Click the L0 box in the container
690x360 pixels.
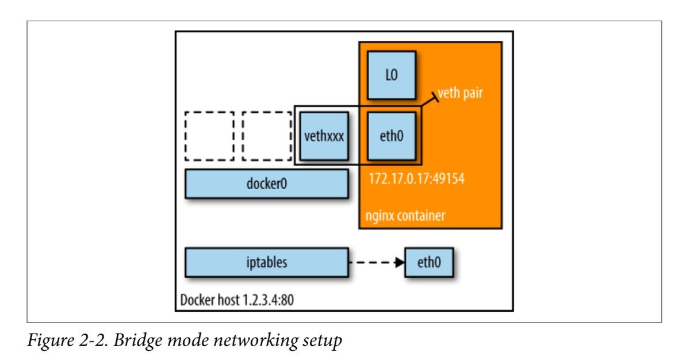pyautogui.click(x=391, y=75)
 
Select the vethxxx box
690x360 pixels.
pyautogui.click(x=324, y=136)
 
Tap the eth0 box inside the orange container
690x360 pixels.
pyautogui.click(x=391, y=136)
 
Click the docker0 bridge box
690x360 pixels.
pyautogui.click(x=266, y=183)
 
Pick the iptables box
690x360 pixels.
pyautogui.click(x=266, y=262)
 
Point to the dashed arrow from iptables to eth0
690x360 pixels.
pyautogui.click(x=374, y=263)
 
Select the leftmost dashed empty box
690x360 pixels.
pyautogui.click(x=209, y=136)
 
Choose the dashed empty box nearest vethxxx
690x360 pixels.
pyautogui.click(x=267, y=136)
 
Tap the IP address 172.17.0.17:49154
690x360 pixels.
pyautogui.click(x=416, y=179)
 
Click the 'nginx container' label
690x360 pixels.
pyautogui.click(x=405, y=216)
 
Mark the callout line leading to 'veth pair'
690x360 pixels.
pyautogui.click(x=429, y=101)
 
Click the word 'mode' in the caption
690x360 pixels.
pyautogui.click(x=191, y=340)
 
